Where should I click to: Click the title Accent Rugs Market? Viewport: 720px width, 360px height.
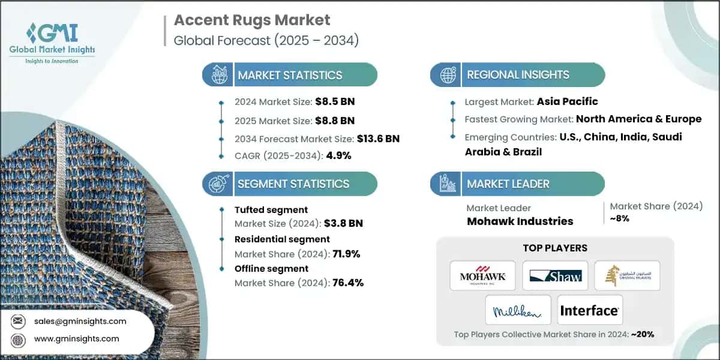pyautogui.click(x=252, y=20)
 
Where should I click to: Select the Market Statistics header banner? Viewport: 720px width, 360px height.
pyautogui.click(x=290, y=75)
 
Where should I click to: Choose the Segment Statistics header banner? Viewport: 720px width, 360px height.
pyautogui.click(x=293, y=184)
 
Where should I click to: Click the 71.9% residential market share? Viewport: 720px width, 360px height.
pyautogui.click(x=346, y=253)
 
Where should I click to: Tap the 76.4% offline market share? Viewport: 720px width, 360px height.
pyautogui.click(x=347, y=283)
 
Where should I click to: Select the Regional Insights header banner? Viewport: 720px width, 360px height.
pyautogui.click(x=518, y=75)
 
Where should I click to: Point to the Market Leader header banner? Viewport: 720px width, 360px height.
pyautogui.click(x=508, y=184)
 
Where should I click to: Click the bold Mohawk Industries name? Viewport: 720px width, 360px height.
pyautogui.click(x=520, y=221)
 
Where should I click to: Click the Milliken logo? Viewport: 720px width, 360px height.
pyautogui.click(x=518, y=310)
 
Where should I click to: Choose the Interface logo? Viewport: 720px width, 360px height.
pyautogui.click(x=589, y=310)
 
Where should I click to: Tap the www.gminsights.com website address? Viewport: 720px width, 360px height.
pyautogui.click(x=77, y=338)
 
